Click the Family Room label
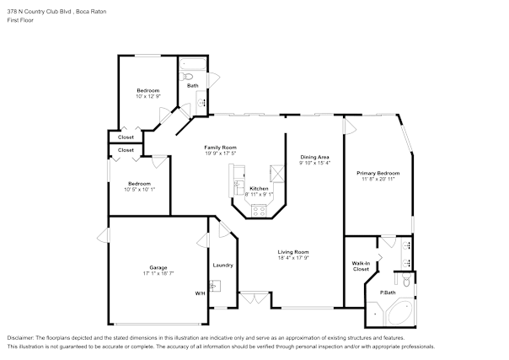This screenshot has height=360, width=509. (221, 148)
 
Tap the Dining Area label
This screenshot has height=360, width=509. (314, 157)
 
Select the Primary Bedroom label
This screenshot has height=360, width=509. (378, 173)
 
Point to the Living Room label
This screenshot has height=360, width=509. (293, 252)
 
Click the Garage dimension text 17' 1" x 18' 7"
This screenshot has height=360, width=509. (158, 273)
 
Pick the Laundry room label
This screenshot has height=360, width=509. (223, 266)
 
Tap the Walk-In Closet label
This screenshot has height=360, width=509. (361, 266)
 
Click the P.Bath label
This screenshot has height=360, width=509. (388, 293)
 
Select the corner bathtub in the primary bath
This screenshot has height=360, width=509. (399, 313)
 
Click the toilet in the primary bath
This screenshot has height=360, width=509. (406, 280)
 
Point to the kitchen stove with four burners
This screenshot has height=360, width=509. (259, 211)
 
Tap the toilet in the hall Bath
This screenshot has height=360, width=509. (186, 77)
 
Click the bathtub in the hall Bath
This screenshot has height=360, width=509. (193, 64)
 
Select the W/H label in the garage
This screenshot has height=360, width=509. (200, 293)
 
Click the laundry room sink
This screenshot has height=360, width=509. (215, 286)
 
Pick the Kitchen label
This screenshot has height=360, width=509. (259, 189)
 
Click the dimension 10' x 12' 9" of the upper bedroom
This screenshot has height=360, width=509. (148, 96)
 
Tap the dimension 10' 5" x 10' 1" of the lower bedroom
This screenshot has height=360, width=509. (140, 189)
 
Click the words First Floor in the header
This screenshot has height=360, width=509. (20, 20)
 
